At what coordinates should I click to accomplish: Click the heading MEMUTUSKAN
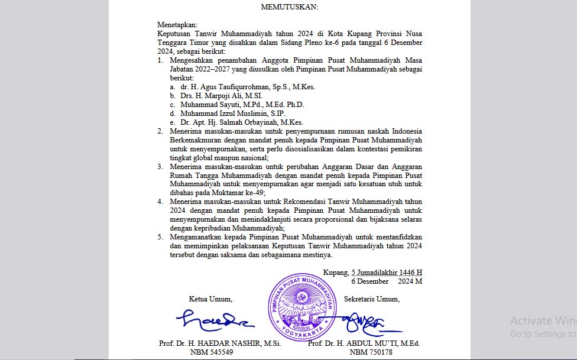(289, 7)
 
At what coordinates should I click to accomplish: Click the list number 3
(160, 167)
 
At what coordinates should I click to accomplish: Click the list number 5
(160, 238)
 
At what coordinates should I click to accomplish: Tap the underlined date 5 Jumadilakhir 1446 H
(387, 273)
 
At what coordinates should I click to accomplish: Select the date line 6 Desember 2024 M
(386, 281)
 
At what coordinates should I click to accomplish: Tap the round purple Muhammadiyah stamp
(302, 308)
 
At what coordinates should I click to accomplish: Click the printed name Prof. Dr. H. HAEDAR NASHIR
(211, 343)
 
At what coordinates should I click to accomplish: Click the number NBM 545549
(212, 352)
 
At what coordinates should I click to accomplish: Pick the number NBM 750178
(371, 352)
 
